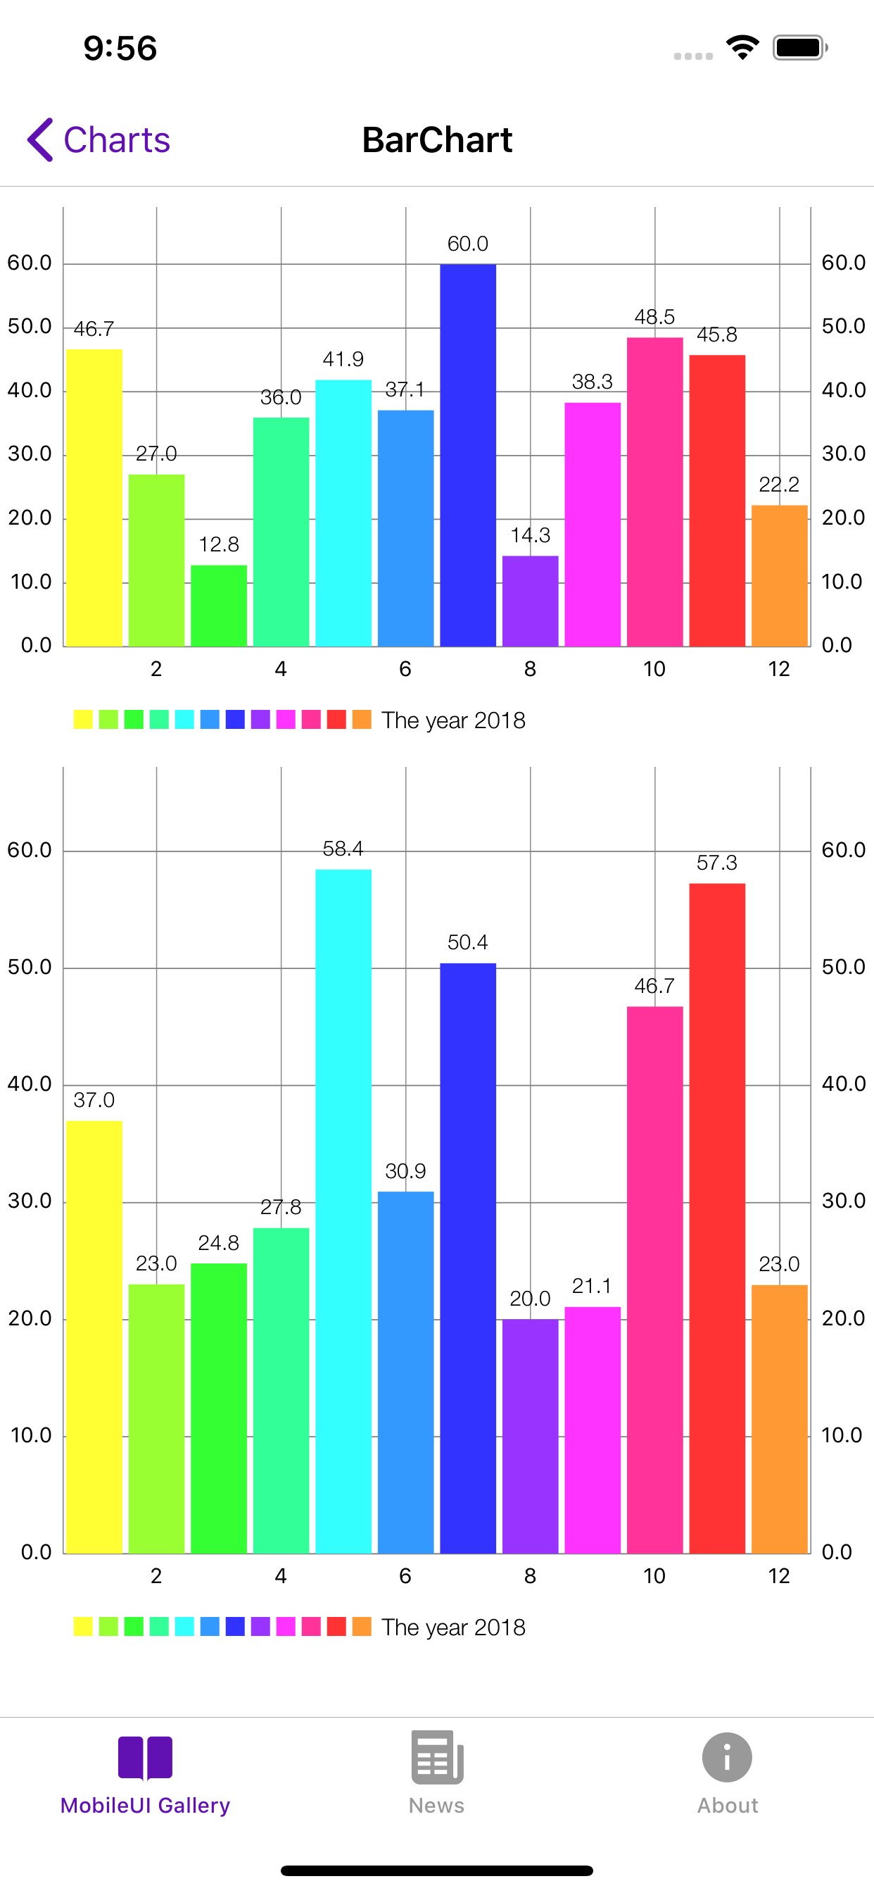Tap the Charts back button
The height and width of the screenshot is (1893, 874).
[99, 139]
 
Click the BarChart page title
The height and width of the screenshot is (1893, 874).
[437, 139]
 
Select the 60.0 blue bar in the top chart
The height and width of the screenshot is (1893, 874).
[468, 456]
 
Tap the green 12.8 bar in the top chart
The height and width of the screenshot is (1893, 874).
[219, 606]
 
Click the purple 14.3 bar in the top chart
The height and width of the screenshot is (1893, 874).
[531, 601]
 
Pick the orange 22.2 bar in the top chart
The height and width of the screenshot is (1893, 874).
[779, 576]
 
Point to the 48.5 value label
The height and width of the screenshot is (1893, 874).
[654, 318]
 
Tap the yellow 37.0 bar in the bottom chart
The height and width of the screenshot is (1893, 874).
[94, 1337]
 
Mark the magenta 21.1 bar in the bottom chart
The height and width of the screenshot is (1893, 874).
[592, 1430]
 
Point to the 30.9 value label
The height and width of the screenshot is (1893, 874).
[405, 1170]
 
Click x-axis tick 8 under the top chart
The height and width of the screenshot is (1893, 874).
[531, 669]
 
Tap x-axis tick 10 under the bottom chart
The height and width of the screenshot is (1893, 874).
[654, 1575]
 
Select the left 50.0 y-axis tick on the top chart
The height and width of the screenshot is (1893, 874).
[30, 326]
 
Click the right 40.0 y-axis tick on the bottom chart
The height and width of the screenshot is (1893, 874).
[843, 1084]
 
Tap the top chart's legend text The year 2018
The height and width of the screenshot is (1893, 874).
[453, 720]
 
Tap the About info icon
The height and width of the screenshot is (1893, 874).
[726, 1758]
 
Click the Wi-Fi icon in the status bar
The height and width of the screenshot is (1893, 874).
[742, 48]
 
